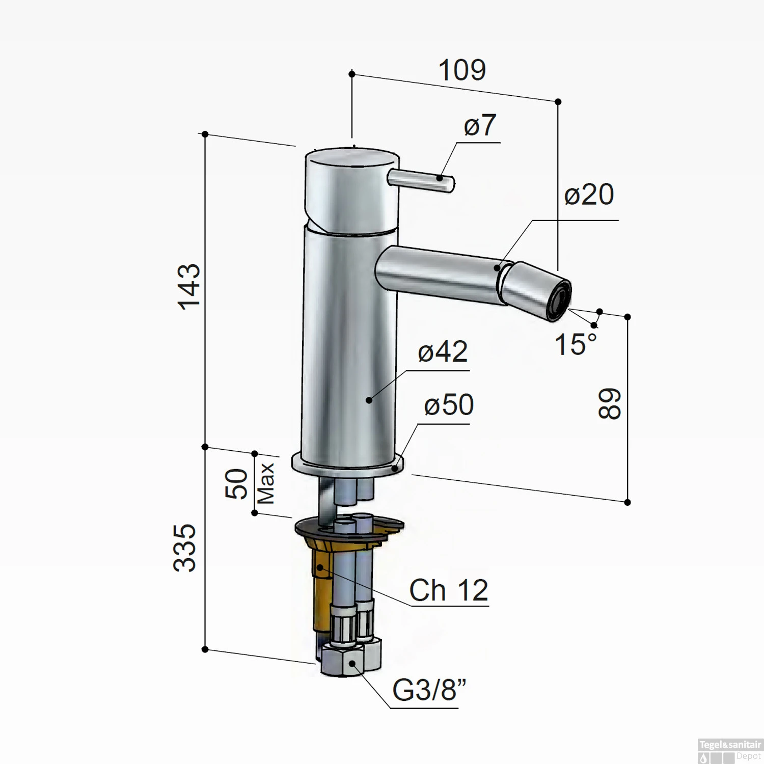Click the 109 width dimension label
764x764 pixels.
462,70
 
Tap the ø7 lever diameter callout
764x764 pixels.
480,125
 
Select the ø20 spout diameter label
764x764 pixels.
589,195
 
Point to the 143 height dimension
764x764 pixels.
189,286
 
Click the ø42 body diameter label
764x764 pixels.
443,352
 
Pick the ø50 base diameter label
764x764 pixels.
449,405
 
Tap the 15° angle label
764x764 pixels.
576,345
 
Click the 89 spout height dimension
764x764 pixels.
609,404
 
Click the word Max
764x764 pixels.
266,483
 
